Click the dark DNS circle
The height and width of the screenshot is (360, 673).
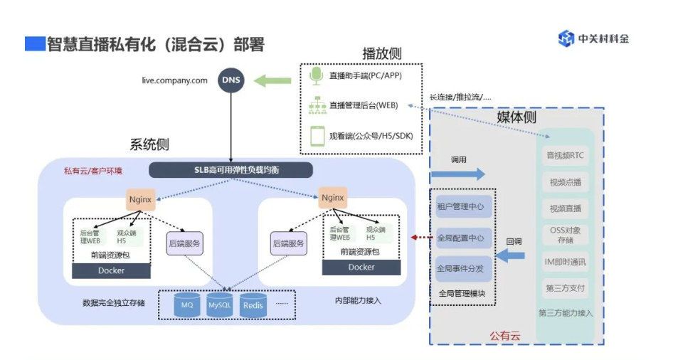click(230, 80)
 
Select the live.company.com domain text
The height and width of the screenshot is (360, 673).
click(175, 80)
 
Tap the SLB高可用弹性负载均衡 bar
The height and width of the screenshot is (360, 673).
click(231, 170)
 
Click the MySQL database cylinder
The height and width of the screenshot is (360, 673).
click(220, 305)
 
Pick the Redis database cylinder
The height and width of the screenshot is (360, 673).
click(253, 305)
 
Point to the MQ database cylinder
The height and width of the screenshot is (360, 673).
click(187, 305)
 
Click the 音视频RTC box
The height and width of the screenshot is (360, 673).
click(565, 156)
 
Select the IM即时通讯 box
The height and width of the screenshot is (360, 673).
click(565, 261)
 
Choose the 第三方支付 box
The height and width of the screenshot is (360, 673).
click(565, 288)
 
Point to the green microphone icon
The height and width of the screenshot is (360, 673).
click(317, 75)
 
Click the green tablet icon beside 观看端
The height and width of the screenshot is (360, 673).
click(317, 135)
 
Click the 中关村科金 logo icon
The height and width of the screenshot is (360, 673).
click(566, 38)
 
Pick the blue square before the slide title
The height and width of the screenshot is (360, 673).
click(34, 44)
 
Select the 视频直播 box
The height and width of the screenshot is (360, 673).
click(565, 208)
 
